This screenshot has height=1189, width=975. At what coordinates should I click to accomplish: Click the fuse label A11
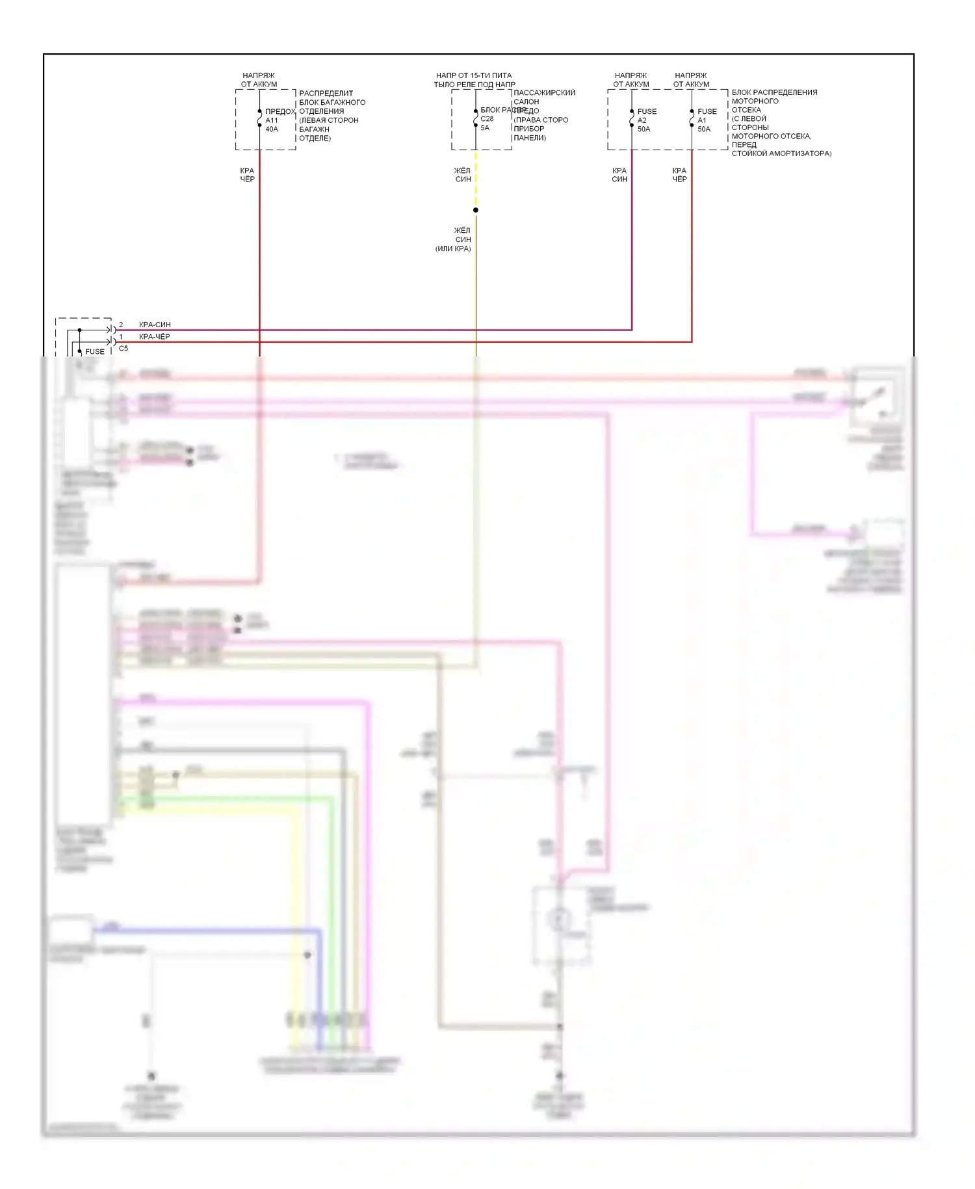(271, 120)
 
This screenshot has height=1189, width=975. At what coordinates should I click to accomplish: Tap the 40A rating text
(272, 129)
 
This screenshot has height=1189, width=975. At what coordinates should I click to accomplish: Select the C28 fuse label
(487, 119)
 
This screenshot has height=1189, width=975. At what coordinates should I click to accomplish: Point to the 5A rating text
(485, 127)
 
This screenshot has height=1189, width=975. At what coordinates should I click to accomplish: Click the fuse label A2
(642, 120)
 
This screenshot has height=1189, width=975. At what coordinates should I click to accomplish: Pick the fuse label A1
(702, 120)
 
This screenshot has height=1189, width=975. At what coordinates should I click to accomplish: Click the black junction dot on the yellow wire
(476, 210)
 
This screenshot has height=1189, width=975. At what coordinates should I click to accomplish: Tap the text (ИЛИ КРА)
(453, 248)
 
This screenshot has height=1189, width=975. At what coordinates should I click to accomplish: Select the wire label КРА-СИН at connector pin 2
(155, 325)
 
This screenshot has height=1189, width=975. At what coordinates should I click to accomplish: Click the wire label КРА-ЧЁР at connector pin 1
(155, 337)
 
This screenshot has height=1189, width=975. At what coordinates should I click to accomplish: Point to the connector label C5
(123, 349)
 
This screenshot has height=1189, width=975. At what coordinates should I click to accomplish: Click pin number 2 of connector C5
(120, 325)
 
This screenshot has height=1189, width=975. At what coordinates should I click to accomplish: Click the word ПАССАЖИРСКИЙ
(544, 93)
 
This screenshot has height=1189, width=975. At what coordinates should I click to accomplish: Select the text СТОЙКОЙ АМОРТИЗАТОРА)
(781, 154)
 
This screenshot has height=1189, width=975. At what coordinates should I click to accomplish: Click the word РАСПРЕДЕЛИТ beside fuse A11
(326, 94)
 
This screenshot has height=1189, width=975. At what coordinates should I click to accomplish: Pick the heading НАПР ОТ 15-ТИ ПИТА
(474, 75)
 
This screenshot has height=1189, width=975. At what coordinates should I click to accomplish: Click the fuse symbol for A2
(632, 118)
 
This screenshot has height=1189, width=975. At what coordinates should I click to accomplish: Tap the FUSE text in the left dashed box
(95, 352)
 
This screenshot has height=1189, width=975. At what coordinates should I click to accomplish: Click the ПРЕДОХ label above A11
(279, 112)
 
